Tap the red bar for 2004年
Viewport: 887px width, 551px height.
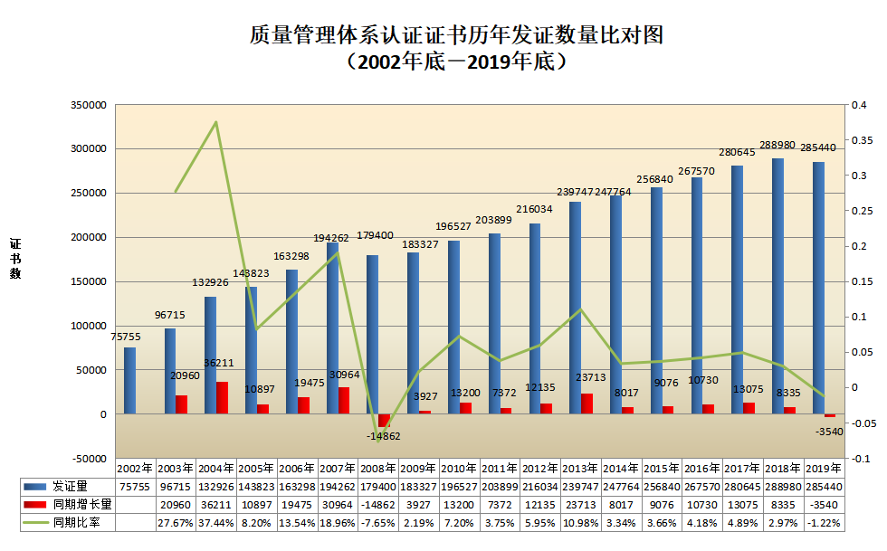coord(223,397)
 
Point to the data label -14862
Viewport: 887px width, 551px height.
coord(382,436)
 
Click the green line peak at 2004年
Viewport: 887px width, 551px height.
coord(215,122)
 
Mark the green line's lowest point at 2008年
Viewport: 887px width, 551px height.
coord(377,441)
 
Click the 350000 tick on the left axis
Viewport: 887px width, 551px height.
coord(88,105)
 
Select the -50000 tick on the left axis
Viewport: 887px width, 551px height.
coord(88,458)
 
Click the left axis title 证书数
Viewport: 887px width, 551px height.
coord(15,259)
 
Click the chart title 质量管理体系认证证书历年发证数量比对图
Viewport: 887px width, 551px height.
coord(457,35)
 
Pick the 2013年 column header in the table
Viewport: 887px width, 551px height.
coord(580,468)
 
